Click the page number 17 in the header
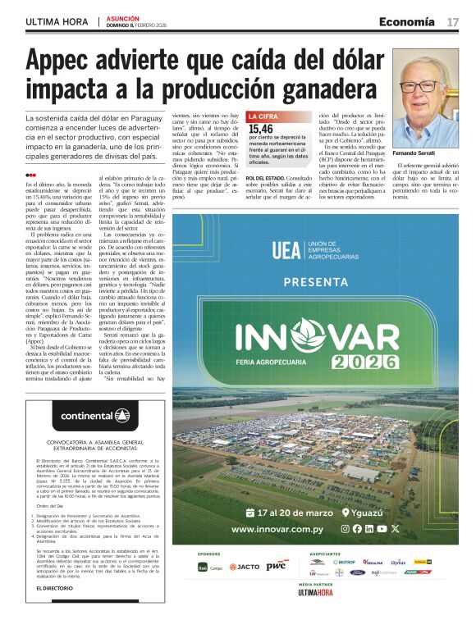click(452, 21)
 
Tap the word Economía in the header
click(407, 21)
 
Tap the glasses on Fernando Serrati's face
click(428, 85)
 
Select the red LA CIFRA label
click(263, 117)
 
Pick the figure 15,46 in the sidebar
click(261, 129)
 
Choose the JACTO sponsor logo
click(244, 567)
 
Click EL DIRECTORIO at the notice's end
click(59, 588)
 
